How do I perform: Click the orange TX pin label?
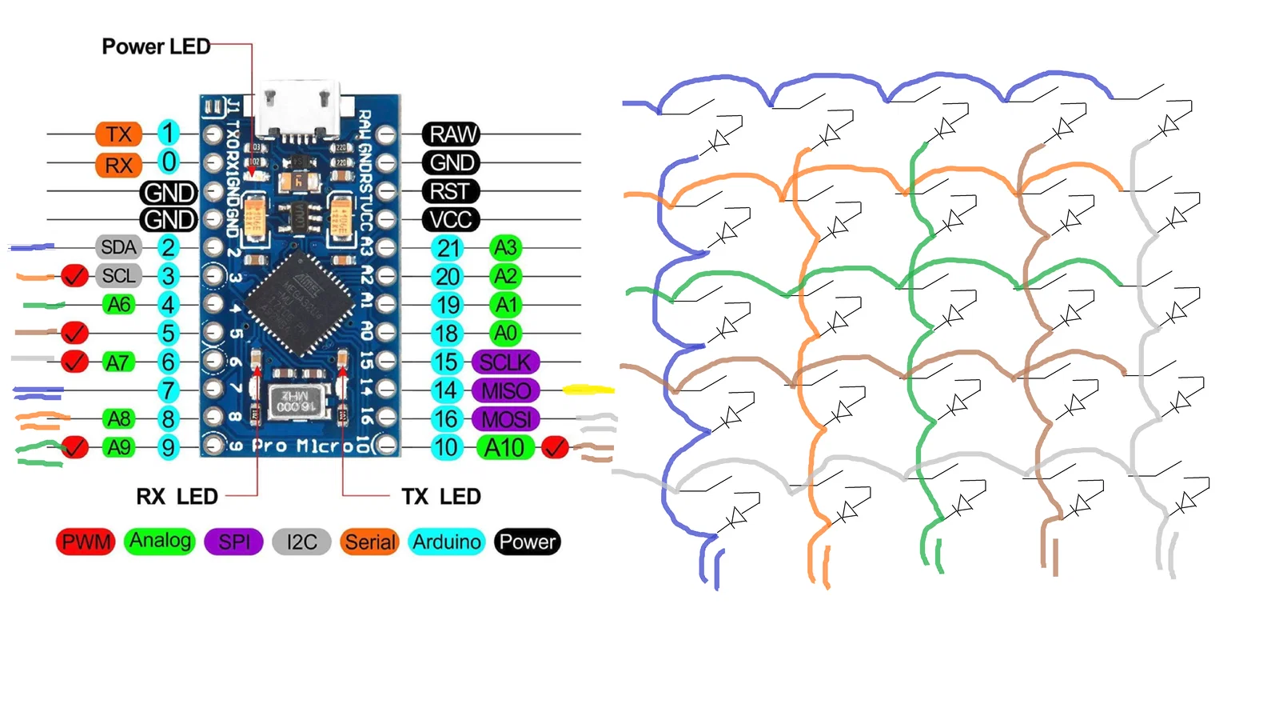coord(118,134)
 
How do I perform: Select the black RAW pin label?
coord(452,134)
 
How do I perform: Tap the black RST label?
coord(450,191)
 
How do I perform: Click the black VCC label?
coord(450,219)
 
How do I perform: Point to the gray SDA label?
coord(118,247)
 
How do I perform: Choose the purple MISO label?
coord(505,390)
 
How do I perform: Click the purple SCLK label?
coord(505,362)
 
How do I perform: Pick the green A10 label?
coord(504,447)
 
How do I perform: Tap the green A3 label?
coord(505,247)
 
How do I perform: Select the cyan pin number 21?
coord(448,248)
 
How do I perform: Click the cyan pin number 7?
coord(168,390)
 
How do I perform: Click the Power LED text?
coord(156,46)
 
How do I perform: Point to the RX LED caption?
coord(177,497)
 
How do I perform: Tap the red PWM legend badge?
coord(86,542)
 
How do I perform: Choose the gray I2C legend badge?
coord(301,542)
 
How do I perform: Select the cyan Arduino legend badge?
coord(446,542)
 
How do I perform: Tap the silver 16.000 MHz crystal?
coord(297,400)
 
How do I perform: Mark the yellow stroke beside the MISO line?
coord(588,390)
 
